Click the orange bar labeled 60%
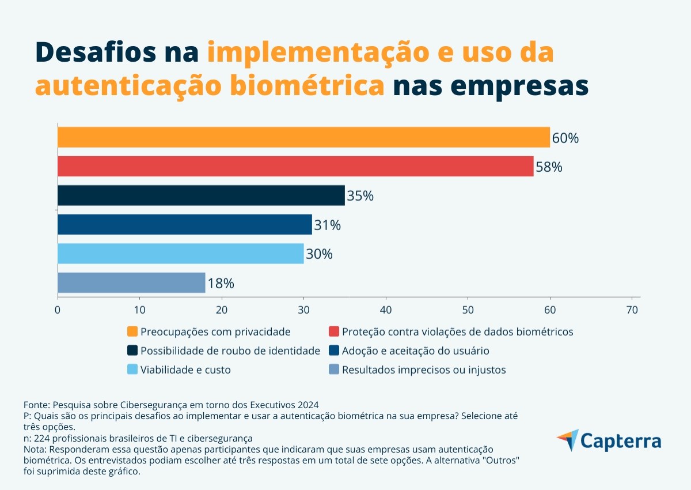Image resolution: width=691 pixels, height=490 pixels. pyautogui.click(x=303, y=137)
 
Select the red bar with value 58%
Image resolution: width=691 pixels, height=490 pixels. pyautogui.click(x=295, y=166)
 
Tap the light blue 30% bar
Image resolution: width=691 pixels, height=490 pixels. pyautogui.click(x=180, y=254)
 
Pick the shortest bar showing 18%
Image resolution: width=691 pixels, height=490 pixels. pyautogui.click(x=131, y=282)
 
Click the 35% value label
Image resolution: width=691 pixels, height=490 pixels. pyautogui.click(x=360, y=196)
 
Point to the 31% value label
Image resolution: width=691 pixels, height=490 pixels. pyautogui.click(x=327, y=225)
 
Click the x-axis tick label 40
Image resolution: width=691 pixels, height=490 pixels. pyautogui.click(x=386, y=310)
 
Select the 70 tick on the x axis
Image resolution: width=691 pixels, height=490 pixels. pyautogui.click(x=632, y=310)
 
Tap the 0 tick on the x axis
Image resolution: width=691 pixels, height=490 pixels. pyautogui.click(x=58, y=310)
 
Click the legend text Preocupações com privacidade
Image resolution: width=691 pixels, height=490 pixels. pyautogui.click(x=215, y=332)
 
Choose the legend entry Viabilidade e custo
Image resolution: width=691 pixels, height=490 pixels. pyautogui.click(x=185, y=370)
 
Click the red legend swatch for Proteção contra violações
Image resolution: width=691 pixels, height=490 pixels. pyautogui.click(x=333, y=331)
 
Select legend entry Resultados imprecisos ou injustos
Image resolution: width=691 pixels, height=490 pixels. pyautogui.click(x=424, y=370)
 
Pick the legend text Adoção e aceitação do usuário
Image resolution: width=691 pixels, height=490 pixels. pyautogui.click(x=415, y=351)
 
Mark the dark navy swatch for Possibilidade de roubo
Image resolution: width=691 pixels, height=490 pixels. pyautogui.click(x=132, y=350)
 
